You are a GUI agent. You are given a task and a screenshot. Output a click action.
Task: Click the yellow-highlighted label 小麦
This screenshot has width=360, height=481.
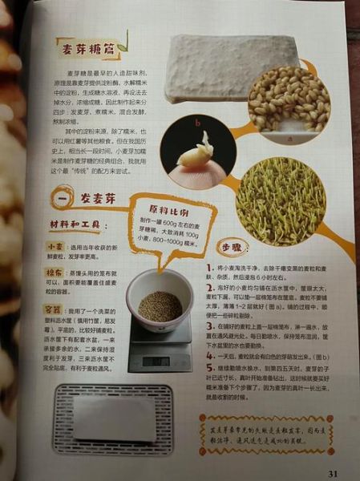pos(55,248)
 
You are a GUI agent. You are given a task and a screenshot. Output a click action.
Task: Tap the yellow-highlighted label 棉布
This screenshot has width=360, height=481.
pos(55,273)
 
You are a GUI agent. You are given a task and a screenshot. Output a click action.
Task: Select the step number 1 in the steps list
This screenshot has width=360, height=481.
pos(209,267)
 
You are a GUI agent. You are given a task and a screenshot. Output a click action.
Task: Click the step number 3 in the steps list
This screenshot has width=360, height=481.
pos(209,329)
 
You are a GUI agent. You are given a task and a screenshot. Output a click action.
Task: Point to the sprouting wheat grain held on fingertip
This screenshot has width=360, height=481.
pos(196,152)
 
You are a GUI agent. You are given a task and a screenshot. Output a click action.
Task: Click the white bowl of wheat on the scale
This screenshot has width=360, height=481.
pos(159,301)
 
